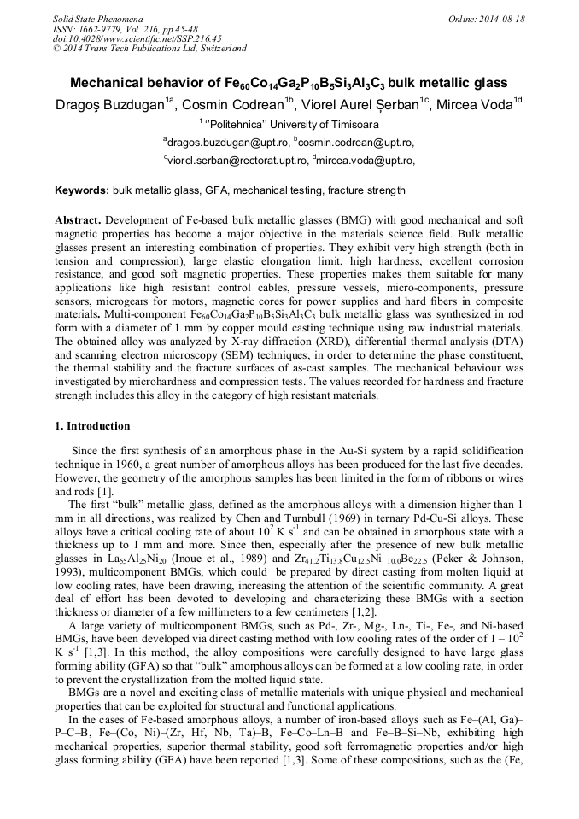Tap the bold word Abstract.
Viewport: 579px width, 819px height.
pyautogui.click(x=78, y=220)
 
